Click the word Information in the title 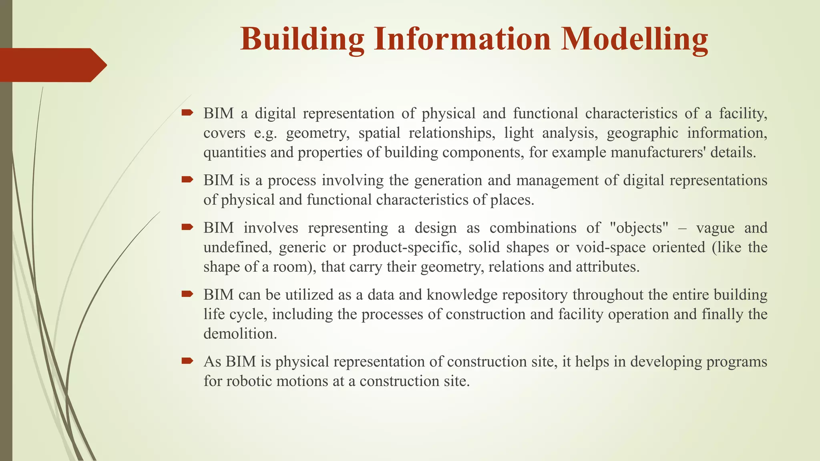point(462,39)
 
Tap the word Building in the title point(302,39)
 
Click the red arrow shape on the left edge point(52,65)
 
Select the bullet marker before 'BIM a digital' point(187,113)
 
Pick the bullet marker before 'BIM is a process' point(187,180)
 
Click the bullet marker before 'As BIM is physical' point(187,361)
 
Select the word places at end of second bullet point(512,200)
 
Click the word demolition point(240,334)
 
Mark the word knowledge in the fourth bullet point(462,295)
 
